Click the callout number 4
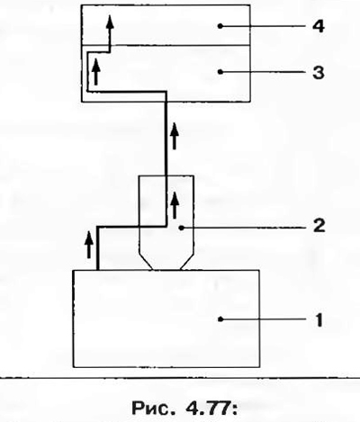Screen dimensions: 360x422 (x=319, y=26)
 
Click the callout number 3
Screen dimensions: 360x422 (x=319, y=73)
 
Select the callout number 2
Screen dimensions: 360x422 (x=319, y=226)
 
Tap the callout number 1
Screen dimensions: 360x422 (x=319, y=320)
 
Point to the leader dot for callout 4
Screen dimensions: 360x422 (x=220, y=26)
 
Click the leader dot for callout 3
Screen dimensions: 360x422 (x=220, y=72)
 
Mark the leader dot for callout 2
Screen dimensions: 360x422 (x=181, y=228)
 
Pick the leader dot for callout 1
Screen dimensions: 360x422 (x=220, y=319)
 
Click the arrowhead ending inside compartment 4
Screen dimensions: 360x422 (x=110, y=22)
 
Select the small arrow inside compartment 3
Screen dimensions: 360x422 (x=95, y=71)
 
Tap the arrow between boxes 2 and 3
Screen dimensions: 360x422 (x=175, y=136)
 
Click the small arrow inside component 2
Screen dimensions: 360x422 (x=175, y=205)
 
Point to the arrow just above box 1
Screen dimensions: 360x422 (x=88, y=245)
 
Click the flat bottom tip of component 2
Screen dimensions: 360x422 (x=167, y=270)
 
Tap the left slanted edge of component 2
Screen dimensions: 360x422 (x=146, y=261)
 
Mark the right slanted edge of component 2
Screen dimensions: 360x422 (x=187, y=261)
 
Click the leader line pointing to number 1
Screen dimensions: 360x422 (x=263, y=319)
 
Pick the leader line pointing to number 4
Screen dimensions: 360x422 (x=263, y=26)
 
